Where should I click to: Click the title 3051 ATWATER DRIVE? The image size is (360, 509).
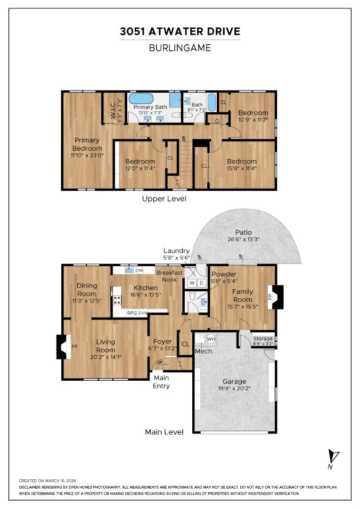point(180,32)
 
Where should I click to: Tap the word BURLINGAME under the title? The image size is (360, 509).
point(180,48)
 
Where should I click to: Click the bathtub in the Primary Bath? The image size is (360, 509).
point(141,99)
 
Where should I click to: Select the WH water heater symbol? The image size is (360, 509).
point(211,339)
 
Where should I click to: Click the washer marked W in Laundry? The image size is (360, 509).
point(192,283)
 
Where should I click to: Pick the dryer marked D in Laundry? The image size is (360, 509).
point(201,283)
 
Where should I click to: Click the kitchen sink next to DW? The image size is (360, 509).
point(128,270)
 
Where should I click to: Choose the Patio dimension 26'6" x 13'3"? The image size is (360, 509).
point(244,239)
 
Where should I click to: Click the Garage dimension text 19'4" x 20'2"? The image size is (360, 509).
point(235,389)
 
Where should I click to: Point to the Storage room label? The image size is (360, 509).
point(263,338)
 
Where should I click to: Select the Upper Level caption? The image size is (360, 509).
point(164,199)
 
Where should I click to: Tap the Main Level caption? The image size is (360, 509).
point(164,432)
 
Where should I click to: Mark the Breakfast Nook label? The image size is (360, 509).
point(167,276)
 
